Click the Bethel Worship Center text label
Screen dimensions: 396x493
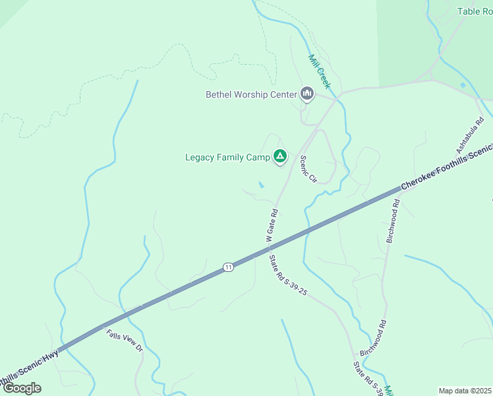click(251, 94)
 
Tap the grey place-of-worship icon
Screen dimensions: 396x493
click(306, 94)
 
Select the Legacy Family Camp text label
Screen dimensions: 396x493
click(227, 157)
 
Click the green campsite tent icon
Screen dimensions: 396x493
click(280, 156)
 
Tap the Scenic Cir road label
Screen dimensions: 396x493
click(308, 169)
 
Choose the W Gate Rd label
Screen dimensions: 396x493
click(272, 225)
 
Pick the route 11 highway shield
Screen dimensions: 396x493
click(228, 267)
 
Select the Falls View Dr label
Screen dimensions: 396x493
click(125, 340)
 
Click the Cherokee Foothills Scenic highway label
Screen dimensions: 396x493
click(447, 168)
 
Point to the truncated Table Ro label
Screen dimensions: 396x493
click(475, 11)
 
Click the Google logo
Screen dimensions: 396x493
click(22, 388)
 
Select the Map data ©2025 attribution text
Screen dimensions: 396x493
click(465, 391)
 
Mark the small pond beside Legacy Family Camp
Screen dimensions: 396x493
click(262, 185)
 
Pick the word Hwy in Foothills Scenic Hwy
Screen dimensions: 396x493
click(50, 356)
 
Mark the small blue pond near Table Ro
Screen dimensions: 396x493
click(463, 84)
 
